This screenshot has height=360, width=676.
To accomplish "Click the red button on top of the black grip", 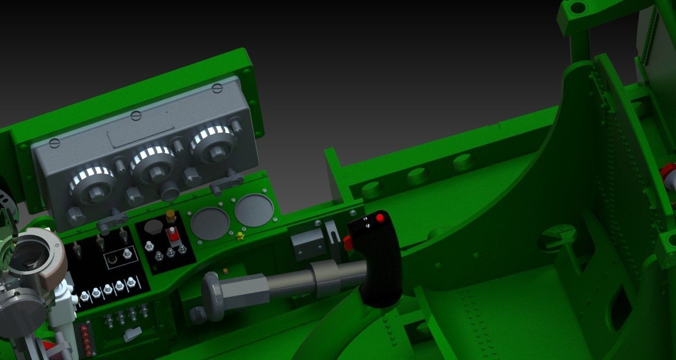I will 380,218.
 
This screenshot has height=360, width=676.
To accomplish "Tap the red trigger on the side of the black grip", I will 347,243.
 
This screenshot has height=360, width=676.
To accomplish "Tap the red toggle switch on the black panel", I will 172,235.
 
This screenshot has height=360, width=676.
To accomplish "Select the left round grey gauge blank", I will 210,223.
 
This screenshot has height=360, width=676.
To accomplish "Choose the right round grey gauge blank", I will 254,210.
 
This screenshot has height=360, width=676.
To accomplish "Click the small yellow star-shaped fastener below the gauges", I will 240,235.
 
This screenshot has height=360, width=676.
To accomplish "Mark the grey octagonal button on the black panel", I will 153,227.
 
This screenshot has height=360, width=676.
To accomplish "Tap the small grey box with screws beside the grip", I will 308,244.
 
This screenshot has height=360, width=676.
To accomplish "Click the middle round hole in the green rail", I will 417,175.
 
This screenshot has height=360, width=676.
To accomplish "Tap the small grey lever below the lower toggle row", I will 133,334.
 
